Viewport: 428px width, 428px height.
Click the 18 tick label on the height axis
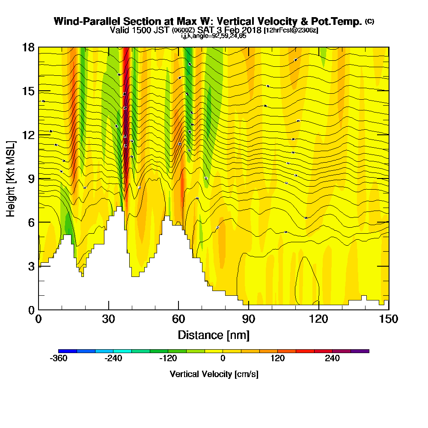(x=28, y=47)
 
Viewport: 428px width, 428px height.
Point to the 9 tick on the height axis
(x=39, y=178)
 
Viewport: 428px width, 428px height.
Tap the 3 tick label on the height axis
(x=31, y=266)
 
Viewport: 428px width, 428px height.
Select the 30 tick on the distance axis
(x=109, y=310)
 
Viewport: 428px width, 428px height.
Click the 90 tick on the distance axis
(x=249, y=310)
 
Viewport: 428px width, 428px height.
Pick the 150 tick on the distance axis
(x=389, y=310)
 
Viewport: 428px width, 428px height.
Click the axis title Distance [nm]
(x=214, y=334)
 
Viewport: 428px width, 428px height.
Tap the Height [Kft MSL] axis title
(x=11, y=178)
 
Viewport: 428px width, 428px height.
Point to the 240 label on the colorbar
(x=332, y=358)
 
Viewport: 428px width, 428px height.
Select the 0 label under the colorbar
(x=223, y=358)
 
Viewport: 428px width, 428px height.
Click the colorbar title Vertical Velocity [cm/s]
(x=214, y=374)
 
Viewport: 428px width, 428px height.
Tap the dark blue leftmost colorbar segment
(x=68, y=351)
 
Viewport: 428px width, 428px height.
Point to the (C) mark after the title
(x=369, y=21)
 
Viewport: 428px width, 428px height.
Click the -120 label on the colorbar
(x=168, y=358)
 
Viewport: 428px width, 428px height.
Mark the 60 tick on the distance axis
(x=178, y=310)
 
